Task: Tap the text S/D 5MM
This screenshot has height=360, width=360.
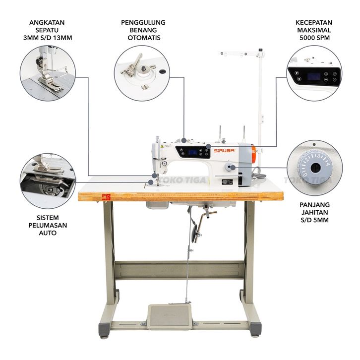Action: point(314,219)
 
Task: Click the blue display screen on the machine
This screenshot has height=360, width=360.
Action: point(192,152)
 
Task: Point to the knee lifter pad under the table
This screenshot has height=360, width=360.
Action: point(195,233)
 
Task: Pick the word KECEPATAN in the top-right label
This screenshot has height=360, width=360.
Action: point(314,23)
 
